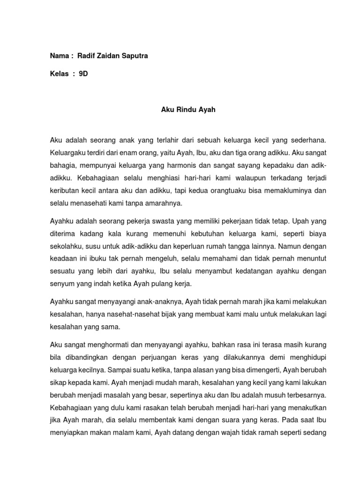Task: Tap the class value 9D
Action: (x=83, y=74)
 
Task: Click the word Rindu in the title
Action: (x=180, y=110)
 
